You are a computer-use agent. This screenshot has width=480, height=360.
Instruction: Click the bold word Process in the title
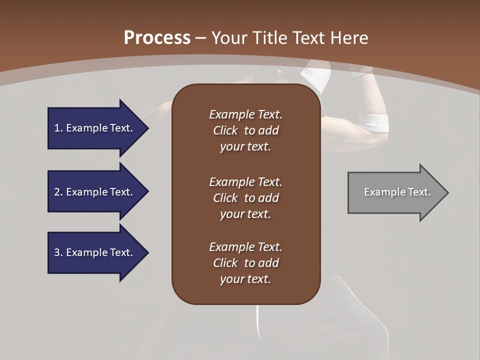157,38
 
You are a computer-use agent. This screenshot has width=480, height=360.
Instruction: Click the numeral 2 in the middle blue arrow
57,192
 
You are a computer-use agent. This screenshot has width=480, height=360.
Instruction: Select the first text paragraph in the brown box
245,130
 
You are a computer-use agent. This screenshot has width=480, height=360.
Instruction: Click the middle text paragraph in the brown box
245,198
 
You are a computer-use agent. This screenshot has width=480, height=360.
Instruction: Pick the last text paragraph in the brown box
245,263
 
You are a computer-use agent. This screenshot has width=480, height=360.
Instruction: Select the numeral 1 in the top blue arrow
57,128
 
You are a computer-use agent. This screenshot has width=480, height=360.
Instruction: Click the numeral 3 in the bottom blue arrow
57,252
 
